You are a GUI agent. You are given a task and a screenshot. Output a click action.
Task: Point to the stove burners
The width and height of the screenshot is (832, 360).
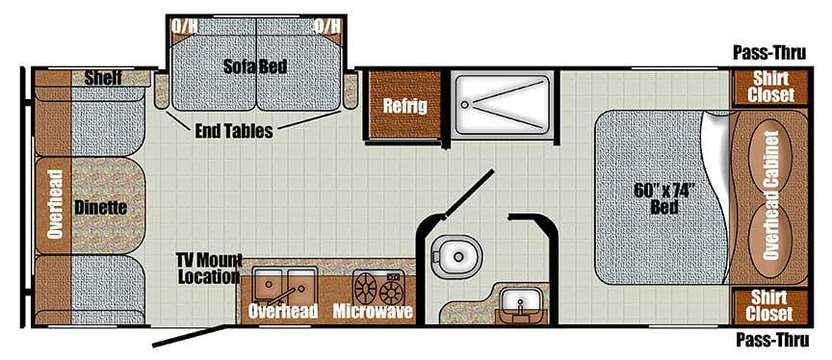click(x=378, y=288)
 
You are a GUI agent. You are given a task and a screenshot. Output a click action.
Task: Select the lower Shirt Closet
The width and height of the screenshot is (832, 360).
click(x=769, y=307)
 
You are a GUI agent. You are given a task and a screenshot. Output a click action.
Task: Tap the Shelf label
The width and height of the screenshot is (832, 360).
click(x=102, y=77)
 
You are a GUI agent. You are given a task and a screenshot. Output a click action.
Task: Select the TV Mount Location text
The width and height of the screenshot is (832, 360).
click(x=207, y=270)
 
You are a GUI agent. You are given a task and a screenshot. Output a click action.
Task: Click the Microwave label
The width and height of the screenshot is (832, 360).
click(x=373, y=312)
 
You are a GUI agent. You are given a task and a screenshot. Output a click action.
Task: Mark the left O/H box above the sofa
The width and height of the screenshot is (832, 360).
click(x=183, y=25)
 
